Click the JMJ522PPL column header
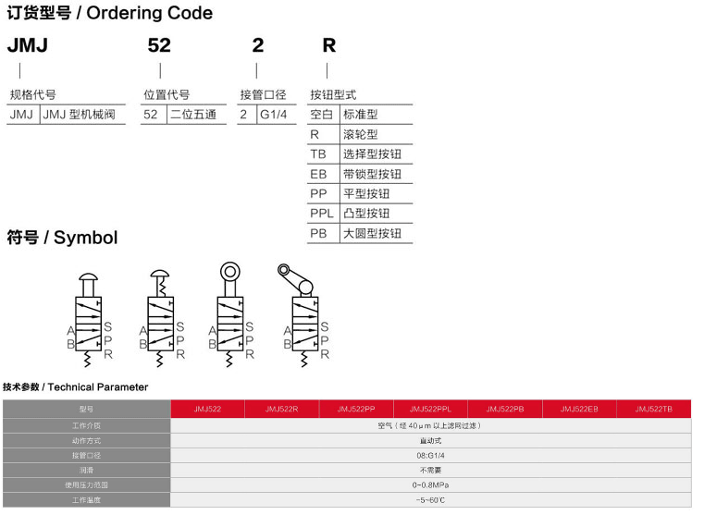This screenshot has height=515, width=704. point(430,408)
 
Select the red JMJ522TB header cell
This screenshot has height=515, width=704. point(654,408)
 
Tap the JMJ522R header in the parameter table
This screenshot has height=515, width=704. point(281,408)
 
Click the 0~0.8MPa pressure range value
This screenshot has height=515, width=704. point(430,484)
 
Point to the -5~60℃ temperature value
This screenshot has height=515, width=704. point(430,499)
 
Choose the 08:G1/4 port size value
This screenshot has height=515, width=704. point(430,454)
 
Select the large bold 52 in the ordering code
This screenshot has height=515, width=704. point(159,44)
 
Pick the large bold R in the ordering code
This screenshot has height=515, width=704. point(328,44)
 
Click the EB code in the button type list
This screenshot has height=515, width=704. point(318,174)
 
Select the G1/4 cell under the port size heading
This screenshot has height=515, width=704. point(274,116)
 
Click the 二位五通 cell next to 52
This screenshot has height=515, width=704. point(192,116)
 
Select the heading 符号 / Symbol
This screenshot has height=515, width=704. point(62,238)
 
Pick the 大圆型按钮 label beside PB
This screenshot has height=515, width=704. point(372,233)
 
